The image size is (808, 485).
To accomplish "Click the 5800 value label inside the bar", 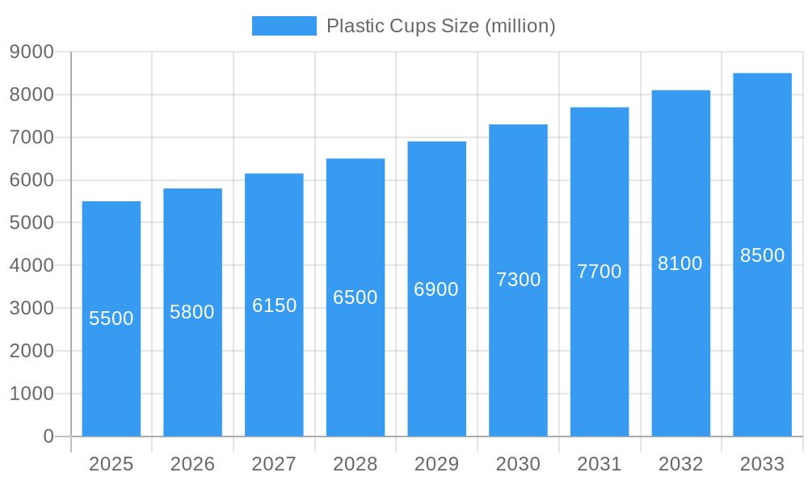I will pos(192,312).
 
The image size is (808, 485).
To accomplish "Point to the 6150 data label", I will pos(275,306).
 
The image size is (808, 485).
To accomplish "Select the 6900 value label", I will pos(436,289).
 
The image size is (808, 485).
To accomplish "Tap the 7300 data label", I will pos(518,280).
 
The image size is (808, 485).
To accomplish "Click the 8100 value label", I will pos(680,264).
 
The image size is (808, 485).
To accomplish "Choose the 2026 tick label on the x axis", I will pos(192,464).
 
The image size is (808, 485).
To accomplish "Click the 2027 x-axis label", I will pos(274,464).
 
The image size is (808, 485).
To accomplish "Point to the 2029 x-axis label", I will pos(436,464).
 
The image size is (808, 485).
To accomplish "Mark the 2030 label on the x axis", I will pos(518,464).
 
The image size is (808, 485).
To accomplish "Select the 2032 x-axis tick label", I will pos(680,464).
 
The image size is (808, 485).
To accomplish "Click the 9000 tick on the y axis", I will pos(32,52).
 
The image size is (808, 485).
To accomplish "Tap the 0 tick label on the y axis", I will pos(48,436).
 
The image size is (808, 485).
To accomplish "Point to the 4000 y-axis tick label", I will pos(32,265).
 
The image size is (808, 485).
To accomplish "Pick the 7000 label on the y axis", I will pos(32,137).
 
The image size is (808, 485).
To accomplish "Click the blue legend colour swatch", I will pos(284,26).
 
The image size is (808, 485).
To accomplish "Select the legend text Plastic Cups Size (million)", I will pos(440,26).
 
